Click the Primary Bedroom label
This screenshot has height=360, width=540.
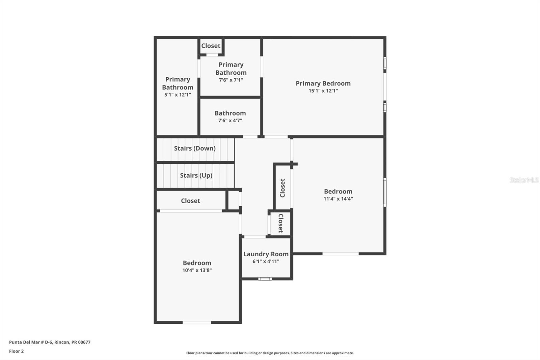(323, 83)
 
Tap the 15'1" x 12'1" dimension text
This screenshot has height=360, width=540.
(323, 91)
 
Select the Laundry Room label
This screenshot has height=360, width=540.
(266, 254)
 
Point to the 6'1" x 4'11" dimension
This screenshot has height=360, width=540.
(266, 261)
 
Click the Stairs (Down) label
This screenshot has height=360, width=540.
(195, 148)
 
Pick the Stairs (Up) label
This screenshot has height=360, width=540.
(196, 175)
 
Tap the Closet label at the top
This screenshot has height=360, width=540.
(211, 46)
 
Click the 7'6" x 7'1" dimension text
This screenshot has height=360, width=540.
(231, 80)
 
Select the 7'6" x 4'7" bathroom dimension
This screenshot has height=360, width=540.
(230, 121)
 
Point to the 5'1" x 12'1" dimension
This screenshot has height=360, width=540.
(178, 95)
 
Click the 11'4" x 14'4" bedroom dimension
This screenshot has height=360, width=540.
(338, 199)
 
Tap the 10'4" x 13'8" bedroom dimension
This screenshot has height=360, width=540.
(197, 270)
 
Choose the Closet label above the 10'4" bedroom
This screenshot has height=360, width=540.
(190, 201)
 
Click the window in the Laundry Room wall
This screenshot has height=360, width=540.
(265, 279)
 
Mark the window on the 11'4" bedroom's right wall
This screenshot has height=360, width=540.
(385, 192)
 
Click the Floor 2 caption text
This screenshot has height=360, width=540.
(16, 351)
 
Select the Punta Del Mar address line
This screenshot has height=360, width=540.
(50, 342)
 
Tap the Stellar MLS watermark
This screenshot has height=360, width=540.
(524, 180)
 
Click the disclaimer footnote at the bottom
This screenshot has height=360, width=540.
(270, 353)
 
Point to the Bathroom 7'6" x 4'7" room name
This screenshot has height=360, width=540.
(230, 113)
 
